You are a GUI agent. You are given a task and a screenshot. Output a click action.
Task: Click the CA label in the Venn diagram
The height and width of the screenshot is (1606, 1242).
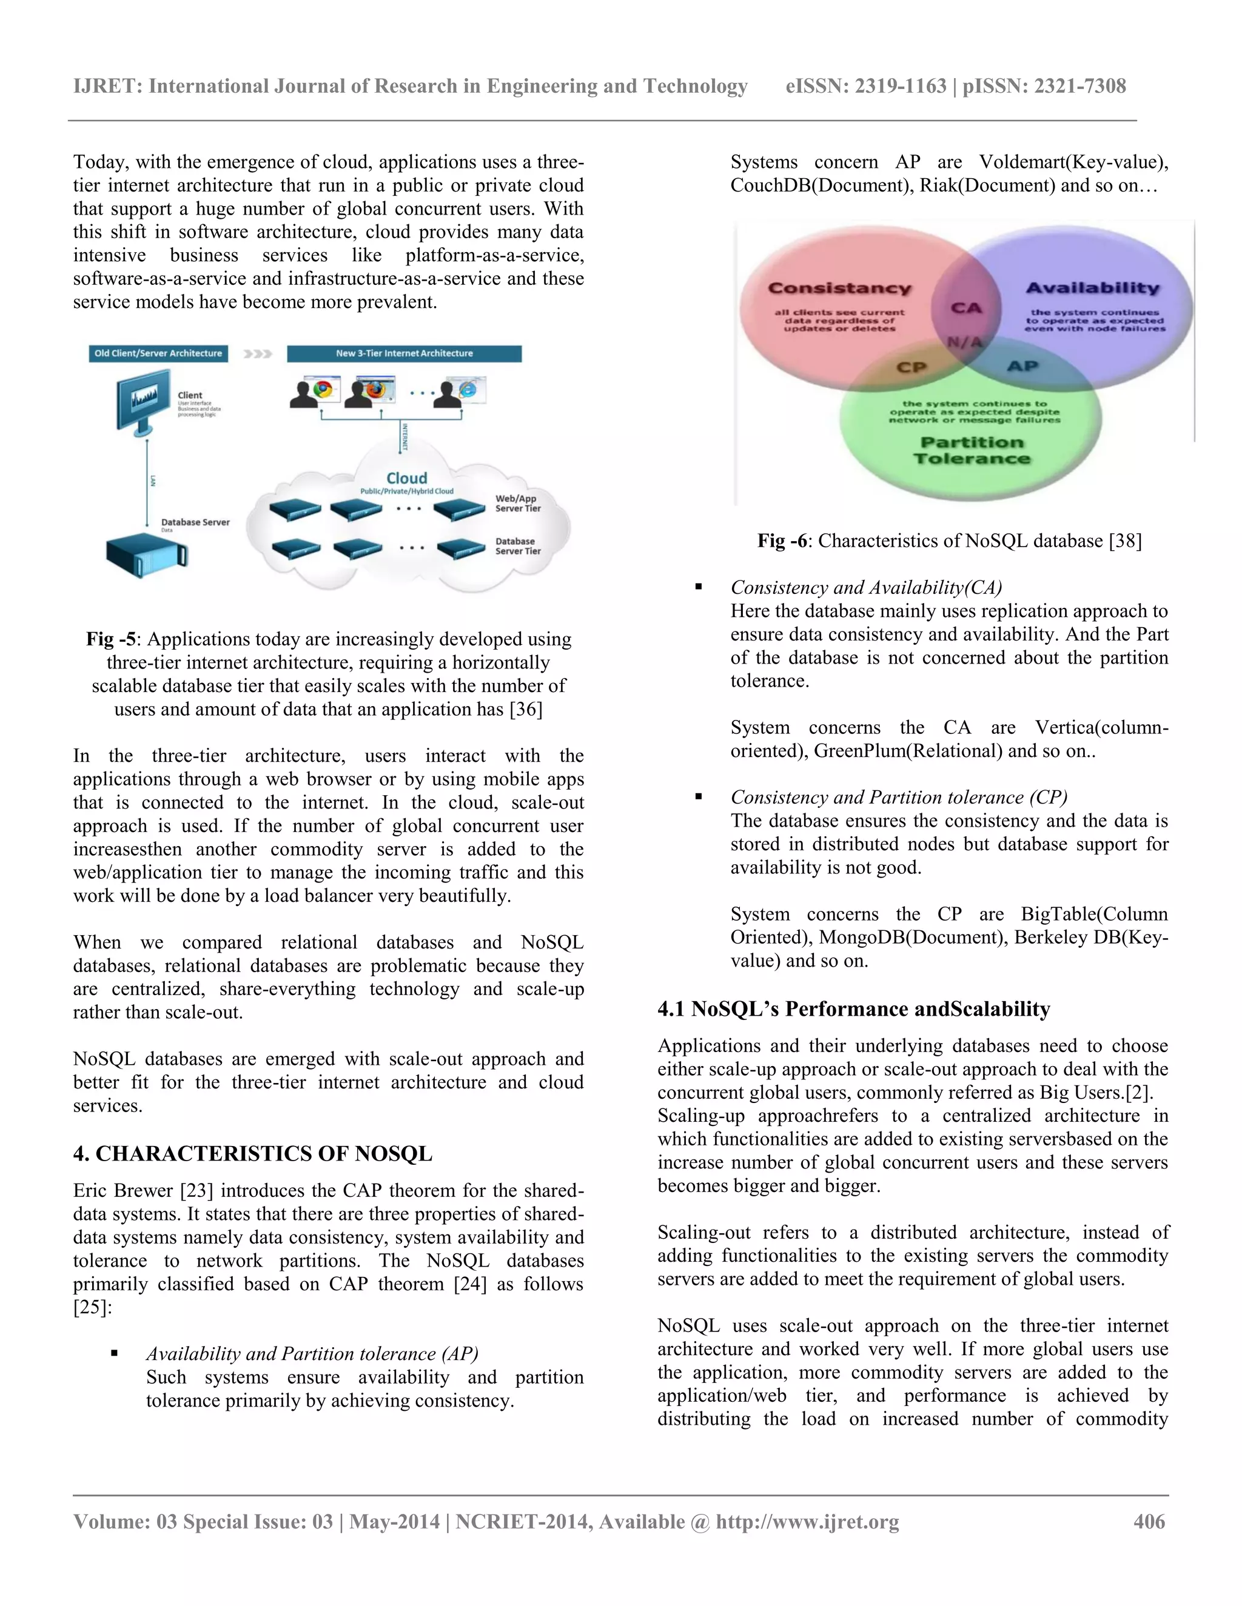click(x=966, y=308)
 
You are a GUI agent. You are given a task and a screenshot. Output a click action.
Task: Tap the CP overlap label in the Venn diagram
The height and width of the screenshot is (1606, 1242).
click(x=911, y=367)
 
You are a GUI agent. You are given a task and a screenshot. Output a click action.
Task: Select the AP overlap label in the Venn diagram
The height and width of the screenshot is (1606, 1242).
click(x=1022, y=366)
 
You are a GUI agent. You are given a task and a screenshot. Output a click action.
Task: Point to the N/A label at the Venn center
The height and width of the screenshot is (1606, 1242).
click(x=964, y=342)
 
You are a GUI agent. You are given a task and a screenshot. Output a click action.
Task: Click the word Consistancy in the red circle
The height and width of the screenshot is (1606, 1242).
click(x=839, y=288)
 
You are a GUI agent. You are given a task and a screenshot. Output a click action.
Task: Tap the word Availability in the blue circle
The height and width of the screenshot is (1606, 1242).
click(x=1093, y=288)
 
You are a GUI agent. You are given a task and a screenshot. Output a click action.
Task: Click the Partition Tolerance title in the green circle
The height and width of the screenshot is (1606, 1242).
click(x=972, y=450)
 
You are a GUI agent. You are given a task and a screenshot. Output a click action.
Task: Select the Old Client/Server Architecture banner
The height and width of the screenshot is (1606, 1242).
click(x=158, y=354)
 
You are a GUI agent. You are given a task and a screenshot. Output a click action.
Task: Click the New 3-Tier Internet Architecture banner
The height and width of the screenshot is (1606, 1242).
click(x=404, y=354)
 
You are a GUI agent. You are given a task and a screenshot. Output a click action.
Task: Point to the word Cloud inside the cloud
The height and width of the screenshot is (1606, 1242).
click(x=407, y=478)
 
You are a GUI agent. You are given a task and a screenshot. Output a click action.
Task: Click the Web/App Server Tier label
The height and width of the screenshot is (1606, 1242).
click(x=517, y=504)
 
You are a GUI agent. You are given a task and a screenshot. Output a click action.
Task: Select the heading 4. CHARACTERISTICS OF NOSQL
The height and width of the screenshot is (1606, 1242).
click(x=252, y=1153)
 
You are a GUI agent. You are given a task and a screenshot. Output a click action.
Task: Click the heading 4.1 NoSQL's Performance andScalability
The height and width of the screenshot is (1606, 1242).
click(x=853, y=1008)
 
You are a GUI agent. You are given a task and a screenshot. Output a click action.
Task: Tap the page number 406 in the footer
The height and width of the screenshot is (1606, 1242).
click(x=1149, y=1521)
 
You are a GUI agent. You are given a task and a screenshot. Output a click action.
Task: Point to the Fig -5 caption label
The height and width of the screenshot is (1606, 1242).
click(x=110, y=639)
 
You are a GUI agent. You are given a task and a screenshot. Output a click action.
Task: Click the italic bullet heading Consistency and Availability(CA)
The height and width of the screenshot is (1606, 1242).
click(x=866, y=587)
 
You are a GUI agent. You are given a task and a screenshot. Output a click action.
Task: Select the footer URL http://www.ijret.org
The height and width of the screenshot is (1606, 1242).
click(x=807, y=1521)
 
